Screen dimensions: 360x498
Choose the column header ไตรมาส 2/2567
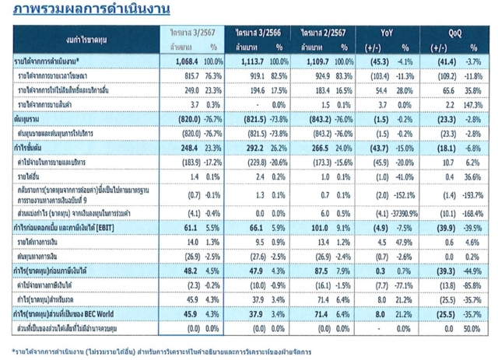tap(320, 33)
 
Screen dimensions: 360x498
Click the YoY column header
tap(386, 33)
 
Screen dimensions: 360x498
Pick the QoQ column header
tap(454, 33)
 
